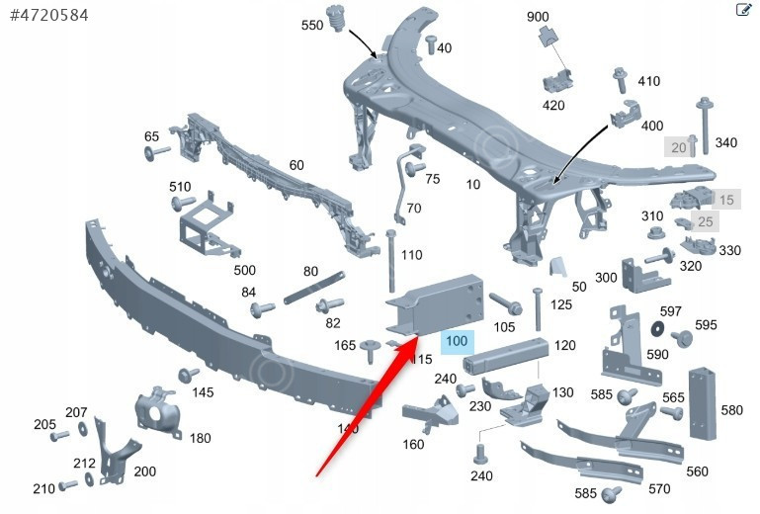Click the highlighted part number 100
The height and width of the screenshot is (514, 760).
457,342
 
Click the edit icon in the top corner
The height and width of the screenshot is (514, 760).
744,10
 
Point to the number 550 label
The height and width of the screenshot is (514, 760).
312,26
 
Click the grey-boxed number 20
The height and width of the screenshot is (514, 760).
678,147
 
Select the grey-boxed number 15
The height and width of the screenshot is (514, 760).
726,200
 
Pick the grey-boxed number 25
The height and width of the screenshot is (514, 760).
704,221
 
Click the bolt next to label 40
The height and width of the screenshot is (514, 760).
431,43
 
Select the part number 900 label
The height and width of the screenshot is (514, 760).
538,18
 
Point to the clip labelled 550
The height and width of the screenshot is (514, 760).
341,19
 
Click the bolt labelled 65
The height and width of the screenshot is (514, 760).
157,153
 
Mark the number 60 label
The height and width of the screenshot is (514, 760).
296,165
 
